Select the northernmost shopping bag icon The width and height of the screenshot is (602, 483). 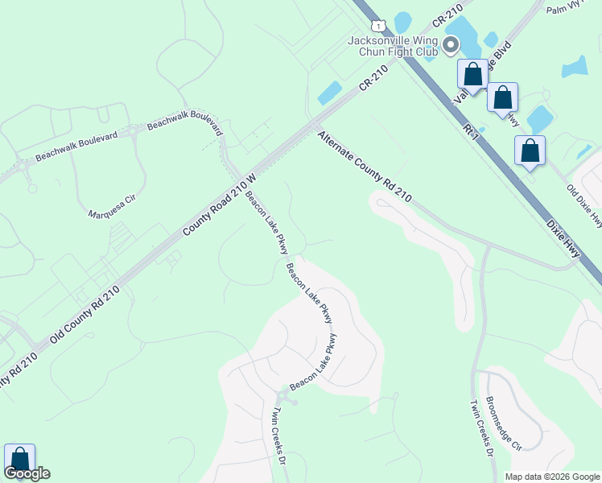coord(472,73)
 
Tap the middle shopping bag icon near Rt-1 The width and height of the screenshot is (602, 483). coord(502,97)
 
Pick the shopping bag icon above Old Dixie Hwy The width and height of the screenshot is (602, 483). coord(530,150)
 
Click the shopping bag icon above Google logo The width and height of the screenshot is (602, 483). coord(19,460)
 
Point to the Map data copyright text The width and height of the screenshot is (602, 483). coord(552,477)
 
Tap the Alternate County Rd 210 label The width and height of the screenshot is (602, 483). coord(365,167)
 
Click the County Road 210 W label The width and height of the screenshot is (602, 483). coord(219,204)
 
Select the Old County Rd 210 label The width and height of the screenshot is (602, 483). coord(85,314)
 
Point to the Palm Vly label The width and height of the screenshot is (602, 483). coord(563,10)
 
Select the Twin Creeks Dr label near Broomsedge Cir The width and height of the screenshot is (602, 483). coord(481,427)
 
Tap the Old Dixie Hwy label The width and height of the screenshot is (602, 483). coord(584,205)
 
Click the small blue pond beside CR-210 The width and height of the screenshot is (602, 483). coord(330,93)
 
